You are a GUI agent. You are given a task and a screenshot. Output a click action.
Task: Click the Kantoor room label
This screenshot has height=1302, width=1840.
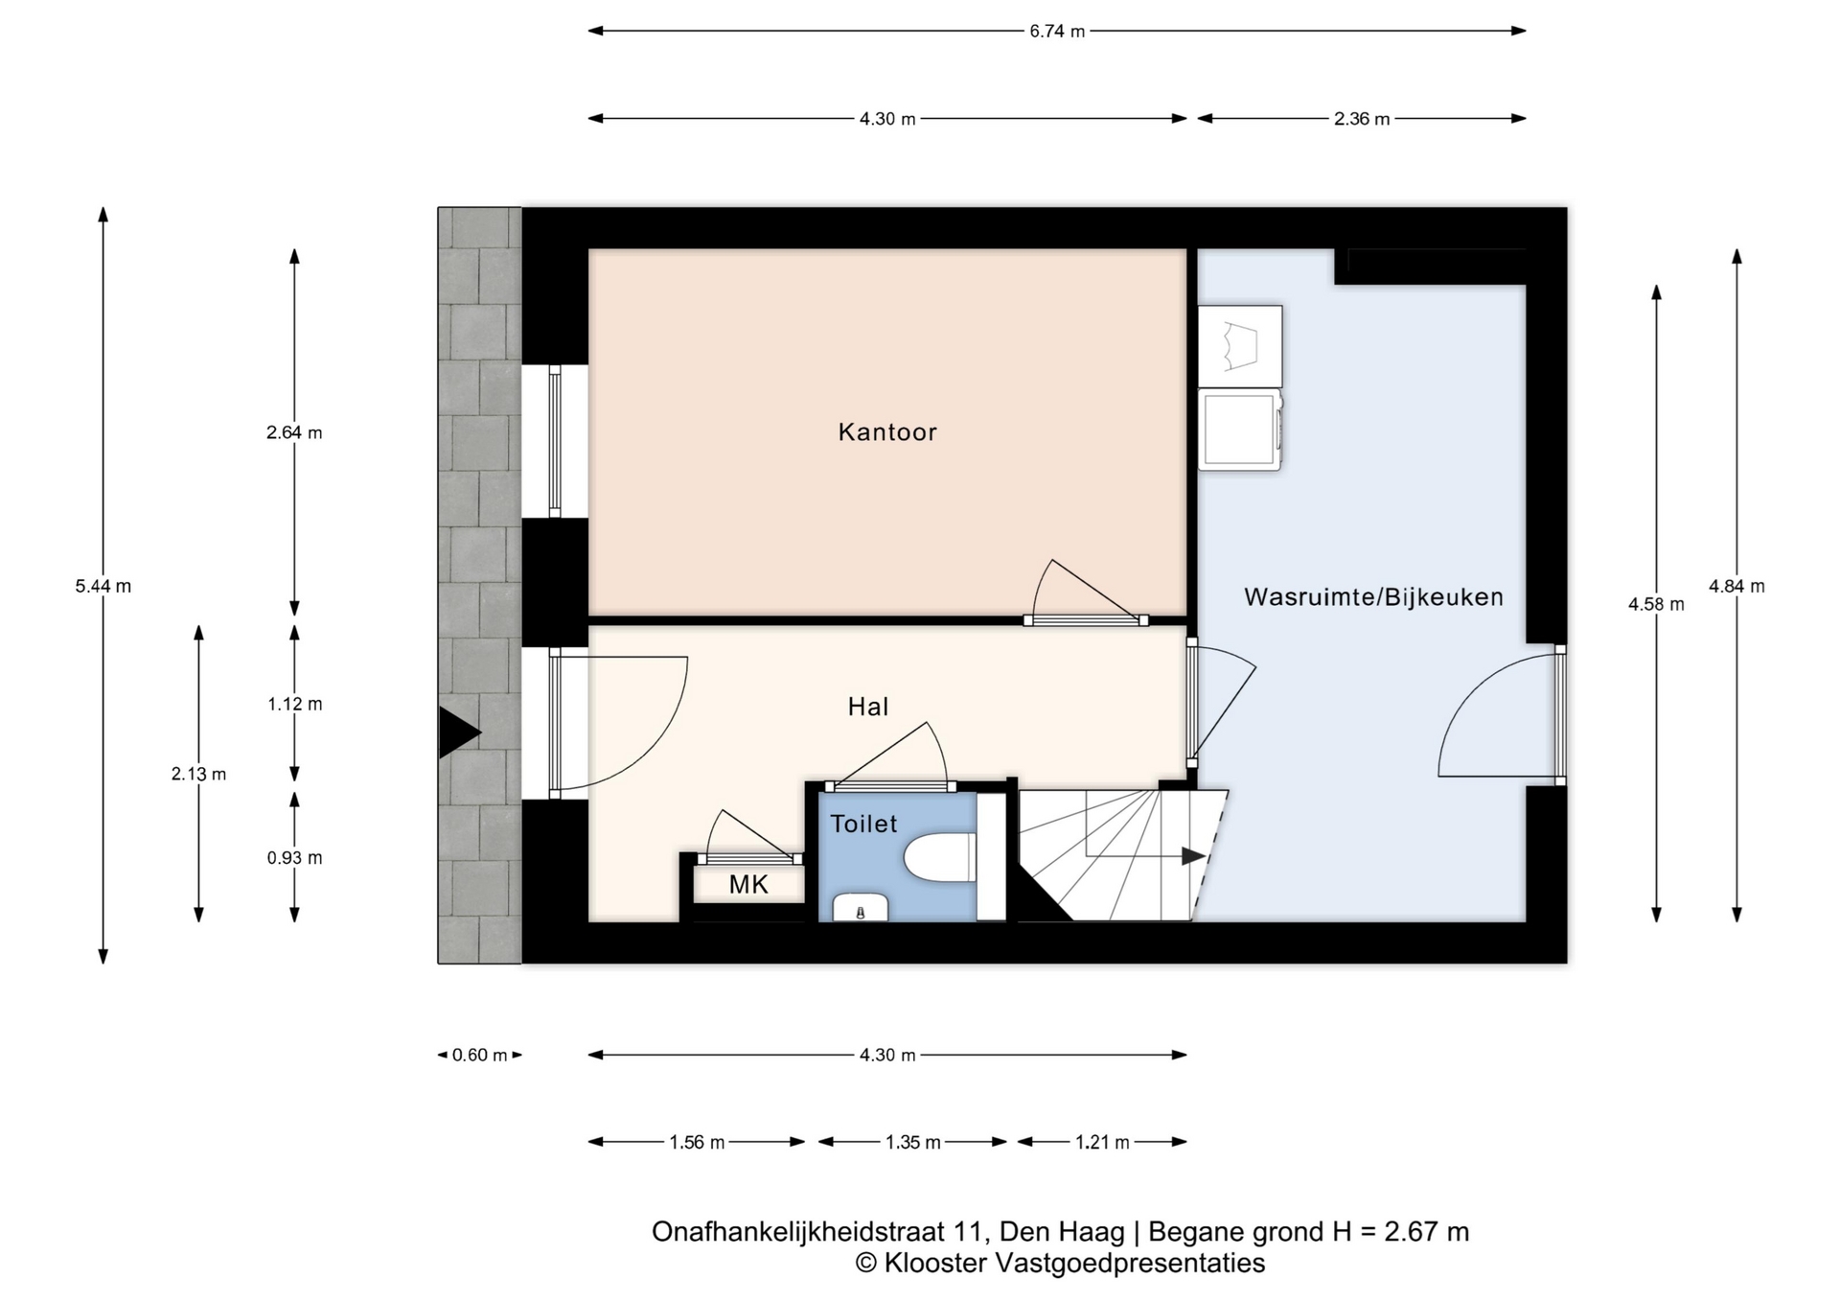pos(886,432)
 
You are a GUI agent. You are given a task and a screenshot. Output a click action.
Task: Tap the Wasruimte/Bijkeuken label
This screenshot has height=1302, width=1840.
pos(1373,597)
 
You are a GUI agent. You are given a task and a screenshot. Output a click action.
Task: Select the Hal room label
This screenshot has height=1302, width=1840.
pos(868,707)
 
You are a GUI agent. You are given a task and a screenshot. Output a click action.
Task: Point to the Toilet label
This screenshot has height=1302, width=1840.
pos(863,824)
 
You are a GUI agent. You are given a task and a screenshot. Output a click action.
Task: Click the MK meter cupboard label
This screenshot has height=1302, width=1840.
pos(748,885)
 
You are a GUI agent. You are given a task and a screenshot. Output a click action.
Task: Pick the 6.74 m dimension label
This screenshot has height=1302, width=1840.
pos(1057,32)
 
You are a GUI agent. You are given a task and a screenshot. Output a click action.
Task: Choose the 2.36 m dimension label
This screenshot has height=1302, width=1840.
pos(1361,119)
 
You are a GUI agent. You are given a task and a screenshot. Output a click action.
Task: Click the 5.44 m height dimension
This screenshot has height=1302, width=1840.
pos(103,586)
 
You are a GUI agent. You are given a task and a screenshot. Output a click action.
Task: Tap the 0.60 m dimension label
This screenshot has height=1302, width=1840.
pos(479,1056)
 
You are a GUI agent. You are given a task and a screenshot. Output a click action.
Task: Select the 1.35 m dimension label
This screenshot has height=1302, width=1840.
pos(912,1142)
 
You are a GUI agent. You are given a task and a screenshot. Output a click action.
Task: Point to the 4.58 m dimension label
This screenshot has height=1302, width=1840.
pos(1656,605)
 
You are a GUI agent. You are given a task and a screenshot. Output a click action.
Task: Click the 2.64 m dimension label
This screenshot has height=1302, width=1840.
pos(294,432)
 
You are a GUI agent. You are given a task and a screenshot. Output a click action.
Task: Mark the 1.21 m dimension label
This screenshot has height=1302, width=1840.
pos(1102,1142)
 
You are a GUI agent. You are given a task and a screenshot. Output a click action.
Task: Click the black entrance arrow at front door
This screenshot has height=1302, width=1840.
pos(458,732)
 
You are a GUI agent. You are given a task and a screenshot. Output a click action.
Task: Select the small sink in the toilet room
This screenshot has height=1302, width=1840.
pos(860,908)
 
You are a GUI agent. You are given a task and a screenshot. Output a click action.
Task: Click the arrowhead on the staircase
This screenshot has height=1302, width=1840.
pos(1193,856)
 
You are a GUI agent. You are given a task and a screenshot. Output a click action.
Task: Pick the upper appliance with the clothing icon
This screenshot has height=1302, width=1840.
pos(1240,346)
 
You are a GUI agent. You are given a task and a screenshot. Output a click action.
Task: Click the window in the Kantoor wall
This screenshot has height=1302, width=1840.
pos(554,441)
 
